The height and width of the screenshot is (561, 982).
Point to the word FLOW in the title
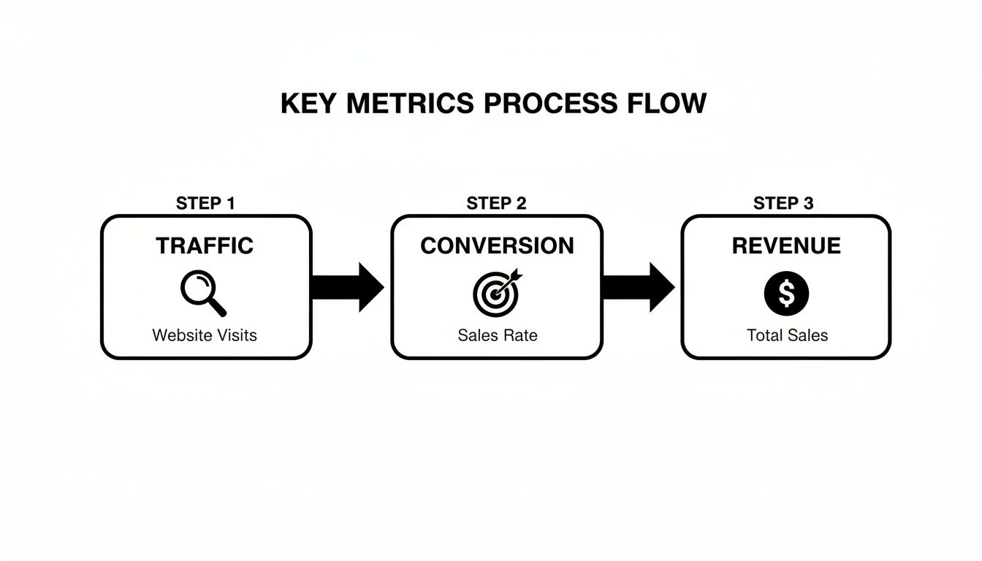(x=666, y=103)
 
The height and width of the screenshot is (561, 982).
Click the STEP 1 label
(x=205, y=203)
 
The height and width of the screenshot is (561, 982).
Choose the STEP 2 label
(x=496, y=203)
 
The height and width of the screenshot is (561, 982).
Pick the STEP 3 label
(x=783, y=203)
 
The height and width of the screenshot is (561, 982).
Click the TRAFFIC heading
(x=205, y=245)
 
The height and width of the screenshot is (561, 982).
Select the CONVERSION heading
(x=497, y=245)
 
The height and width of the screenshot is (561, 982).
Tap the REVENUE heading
(x=785, y=245)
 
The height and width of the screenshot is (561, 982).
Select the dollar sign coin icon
(x=786, y=294)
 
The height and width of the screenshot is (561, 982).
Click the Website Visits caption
(x=205, y=335)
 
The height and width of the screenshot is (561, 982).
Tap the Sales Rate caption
(x=497, y=335)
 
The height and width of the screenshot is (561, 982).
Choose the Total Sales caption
(x=787, y=335)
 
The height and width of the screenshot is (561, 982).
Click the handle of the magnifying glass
(x=218, y=308)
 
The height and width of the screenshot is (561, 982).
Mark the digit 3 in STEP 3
(x=807, y=203)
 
